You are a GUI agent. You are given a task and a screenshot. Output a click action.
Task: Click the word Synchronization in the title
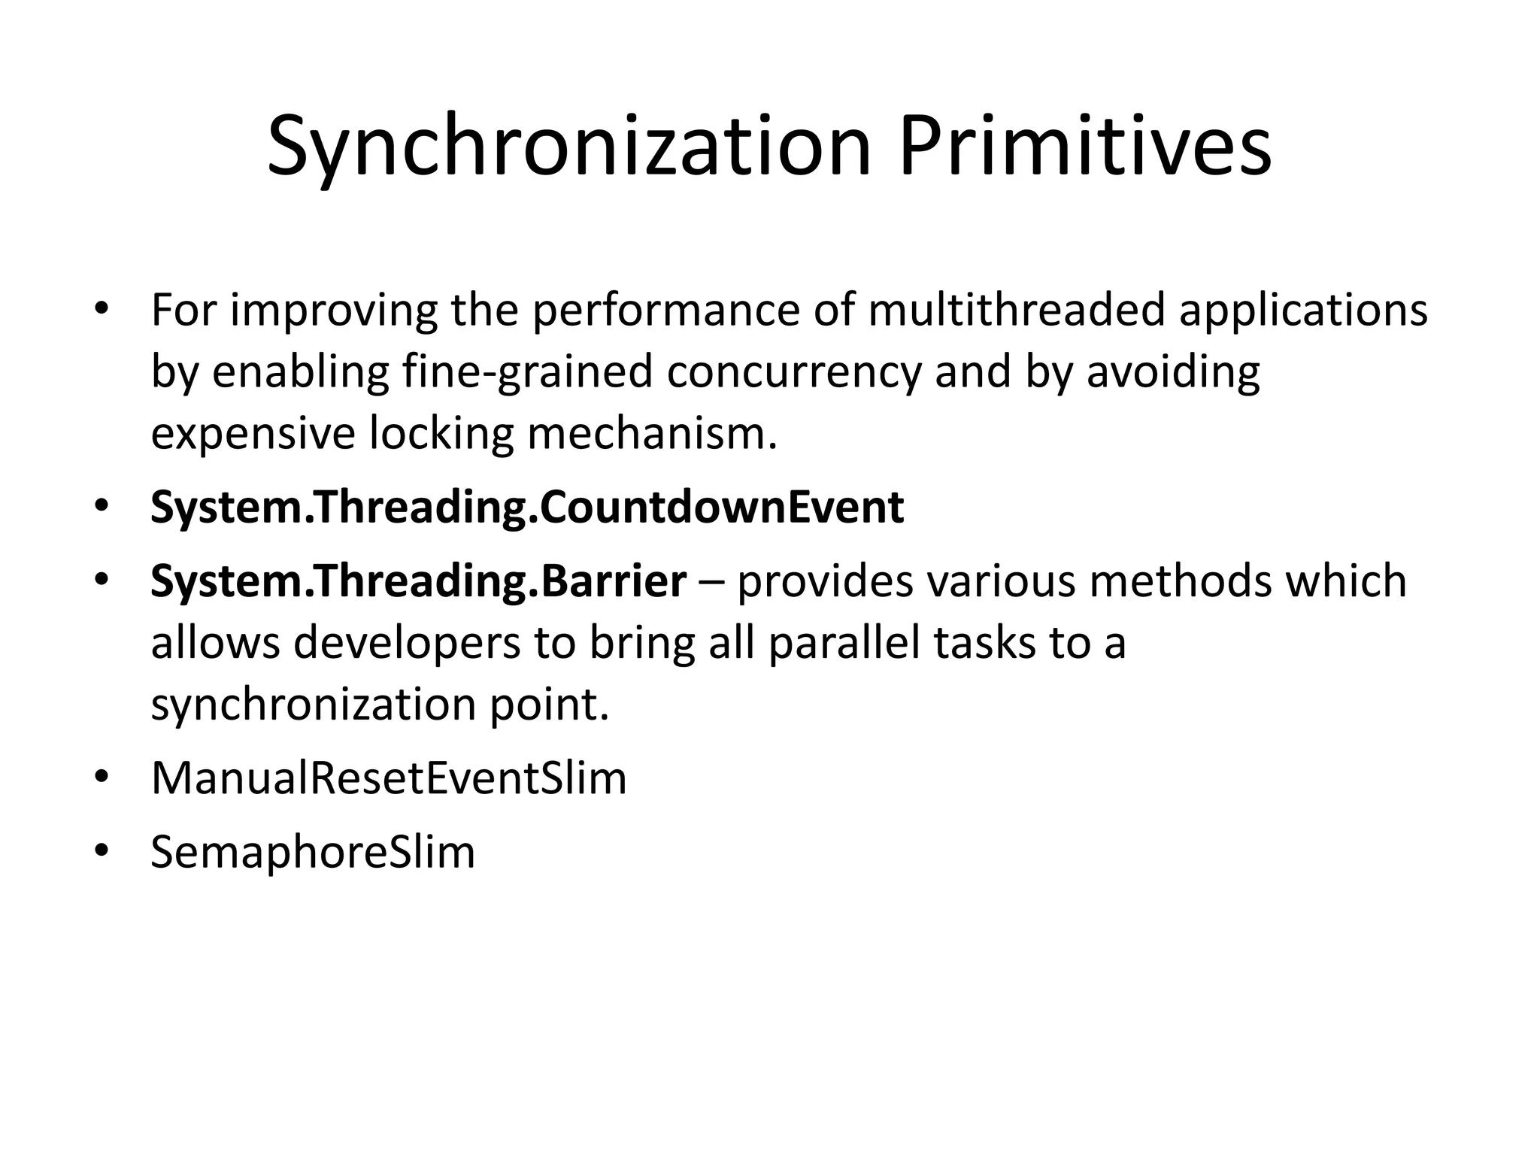pyautogui.click(x=569, y=148)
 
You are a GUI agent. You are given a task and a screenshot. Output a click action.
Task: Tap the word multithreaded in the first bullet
pyautogui.click(x=1017, y=310)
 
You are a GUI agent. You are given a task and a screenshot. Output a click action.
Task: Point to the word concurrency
pyautogui.click(x=793, y=373)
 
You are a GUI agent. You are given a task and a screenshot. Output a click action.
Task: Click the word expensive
pyautogui.click(x=253, y=435)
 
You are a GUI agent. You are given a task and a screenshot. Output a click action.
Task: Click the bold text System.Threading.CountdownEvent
pyautogui.click(x=526, y=508)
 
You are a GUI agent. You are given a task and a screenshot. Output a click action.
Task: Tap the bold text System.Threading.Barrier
pyautogui.click(x=418, y=581)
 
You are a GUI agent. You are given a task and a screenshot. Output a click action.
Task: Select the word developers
pyautogui.click(x=407, y=643)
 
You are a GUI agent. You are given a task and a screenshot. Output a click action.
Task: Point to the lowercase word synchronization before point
pyautogui.click(x=313, y=705)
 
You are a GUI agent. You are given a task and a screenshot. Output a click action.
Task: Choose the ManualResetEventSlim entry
pyautogui.click(x=388, y=778)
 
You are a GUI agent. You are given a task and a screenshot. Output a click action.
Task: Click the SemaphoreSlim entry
pyautogui.click(x=313, y=852)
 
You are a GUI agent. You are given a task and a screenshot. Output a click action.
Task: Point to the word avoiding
pyautogui.click(x=1173, y=373)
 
